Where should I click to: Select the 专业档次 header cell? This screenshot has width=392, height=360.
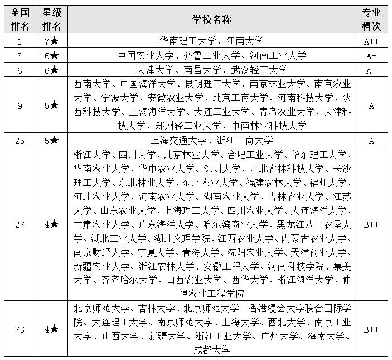point(371,20)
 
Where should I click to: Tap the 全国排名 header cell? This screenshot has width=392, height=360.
point(20,20)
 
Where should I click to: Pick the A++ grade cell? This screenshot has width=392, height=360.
point(371,41)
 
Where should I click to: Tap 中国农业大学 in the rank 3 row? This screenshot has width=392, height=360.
point(144,55)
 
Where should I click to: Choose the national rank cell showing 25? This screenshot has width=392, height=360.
point(20,141)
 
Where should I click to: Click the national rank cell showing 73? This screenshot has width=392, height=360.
point(20,330)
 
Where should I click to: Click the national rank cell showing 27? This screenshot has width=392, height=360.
point(20,224)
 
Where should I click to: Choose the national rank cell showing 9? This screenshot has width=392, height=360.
point(20,105)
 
